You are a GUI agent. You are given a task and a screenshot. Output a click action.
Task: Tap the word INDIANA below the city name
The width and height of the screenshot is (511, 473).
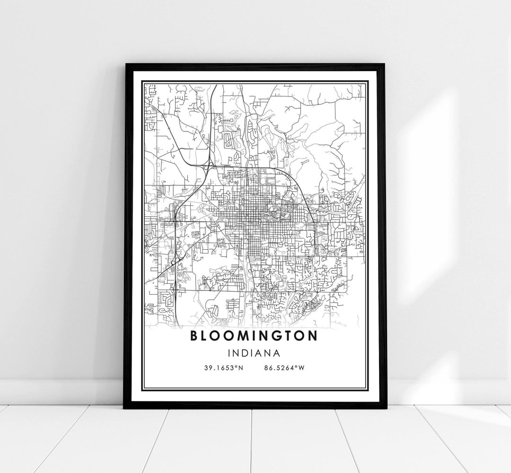click(x=254, y=353)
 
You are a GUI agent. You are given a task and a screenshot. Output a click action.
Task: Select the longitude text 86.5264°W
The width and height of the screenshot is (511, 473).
click(x=284, y=368)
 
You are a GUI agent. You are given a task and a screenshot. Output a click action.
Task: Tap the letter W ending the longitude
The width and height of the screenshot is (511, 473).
click(x=300, y=368)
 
